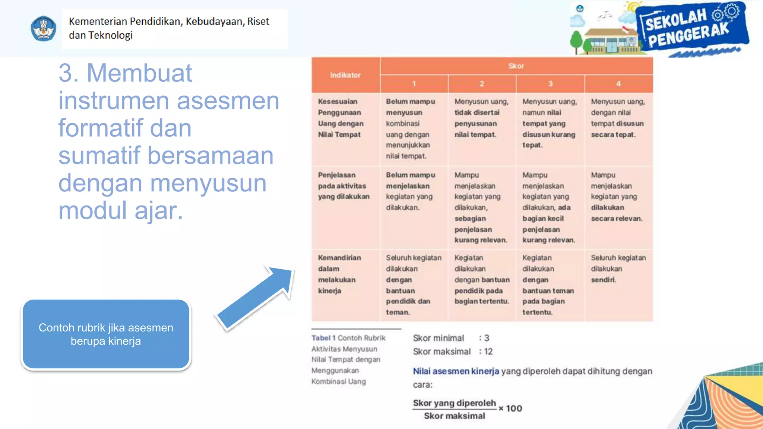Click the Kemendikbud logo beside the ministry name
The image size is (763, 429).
[44, 28]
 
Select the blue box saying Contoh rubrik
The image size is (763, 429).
[106, 334]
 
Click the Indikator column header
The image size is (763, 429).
[345, 75]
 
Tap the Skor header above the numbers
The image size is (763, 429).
[516, 66]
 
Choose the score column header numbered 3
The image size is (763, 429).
[550, 84]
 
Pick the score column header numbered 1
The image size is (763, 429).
[414, 84]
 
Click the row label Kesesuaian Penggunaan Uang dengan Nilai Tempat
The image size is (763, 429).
[341, 118]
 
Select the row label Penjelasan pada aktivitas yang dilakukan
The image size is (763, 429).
[343, 186]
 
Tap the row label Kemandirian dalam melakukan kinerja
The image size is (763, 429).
[339, 274]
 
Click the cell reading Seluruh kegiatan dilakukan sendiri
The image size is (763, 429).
[618, 268]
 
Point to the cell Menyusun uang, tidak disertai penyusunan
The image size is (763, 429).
[481, 118]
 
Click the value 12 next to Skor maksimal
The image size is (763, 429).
[488, 352]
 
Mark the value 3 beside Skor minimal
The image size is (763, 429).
[487, 338]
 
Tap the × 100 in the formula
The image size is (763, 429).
[510, 409]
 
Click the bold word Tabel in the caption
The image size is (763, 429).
[321, 338]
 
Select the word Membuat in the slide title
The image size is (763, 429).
[139, 73]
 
